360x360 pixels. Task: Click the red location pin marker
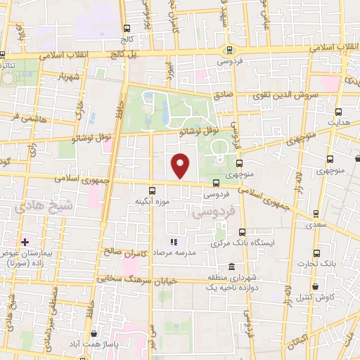(181, 165)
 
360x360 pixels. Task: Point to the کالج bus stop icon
(126, 30)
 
